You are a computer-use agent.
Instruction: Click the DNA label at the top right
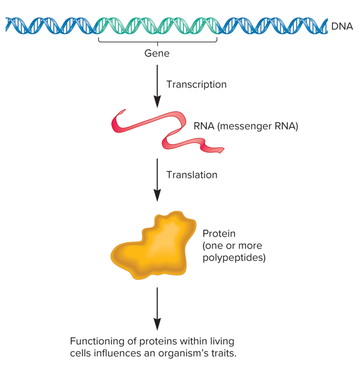(x=342, y=25)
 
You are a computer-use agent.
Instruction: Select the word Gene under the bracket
(x=157, y=54)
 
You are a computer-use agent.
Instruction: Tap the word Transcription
(x=196, y=85)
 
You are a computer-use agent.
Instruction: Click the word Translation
(x=192, y=175)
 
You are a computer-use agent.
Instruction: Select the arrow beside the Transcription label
(x=157, y=85)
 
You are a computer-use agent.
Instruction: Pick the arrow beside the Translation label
(x=157, y=179)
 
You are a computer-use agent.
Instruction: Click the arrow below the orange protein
(x=157, y=308)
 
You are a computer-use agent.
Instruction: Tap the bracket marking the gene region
(x=158, y=41)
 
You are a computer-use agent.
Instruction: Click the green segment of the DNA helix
(x=158, y=25)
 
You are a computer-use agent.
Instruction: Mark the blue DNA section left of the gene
(x=51, y=25)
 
